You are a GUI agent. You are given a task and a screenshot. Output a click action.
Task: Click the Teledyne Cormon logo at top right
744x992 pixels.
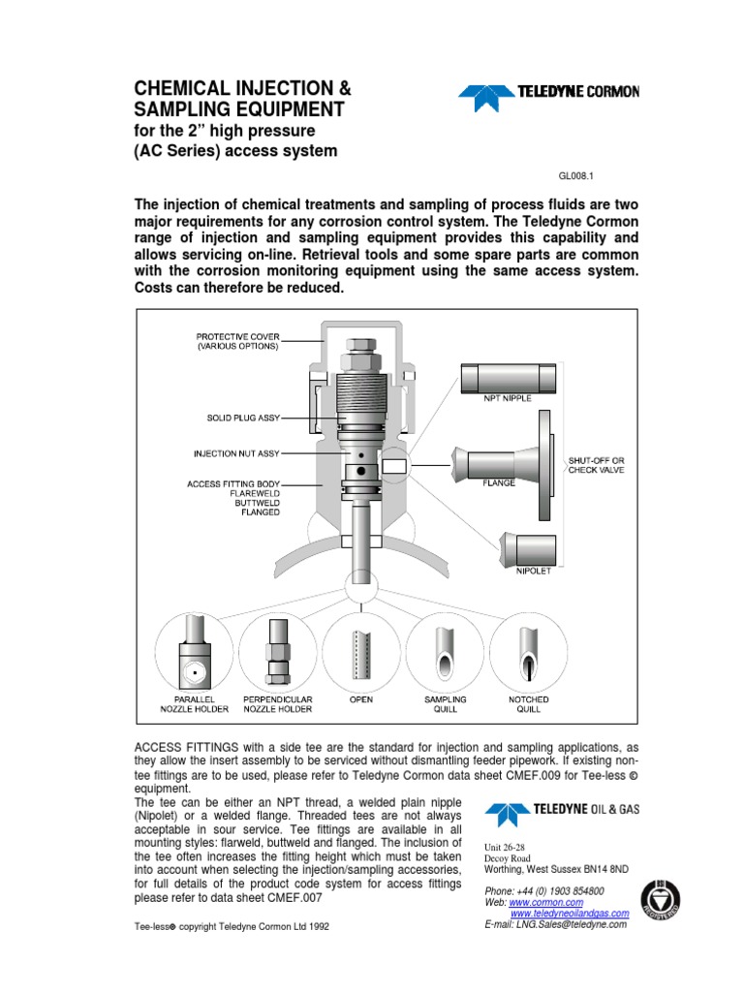click(x=548, y=92)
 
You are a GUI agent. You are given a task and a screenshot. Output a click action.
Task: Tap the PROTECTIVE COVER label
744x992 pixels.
click(x=238, y=340)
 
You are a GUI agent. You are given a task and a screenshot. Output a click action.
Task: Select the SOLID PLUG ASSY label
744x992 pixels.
click(x=243, y=418)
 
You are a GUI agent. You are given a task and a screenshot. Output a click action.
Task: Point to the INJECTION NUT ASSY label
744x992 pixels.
click(x=236, y=453)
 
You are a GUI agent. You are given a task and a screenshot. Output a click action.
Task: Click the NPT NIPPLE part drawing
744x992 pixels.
click(x=509, y=378)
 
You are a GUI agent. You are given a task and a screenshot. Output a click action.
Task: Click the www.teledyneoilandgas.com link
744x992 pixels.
click(x=569, y=914)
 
